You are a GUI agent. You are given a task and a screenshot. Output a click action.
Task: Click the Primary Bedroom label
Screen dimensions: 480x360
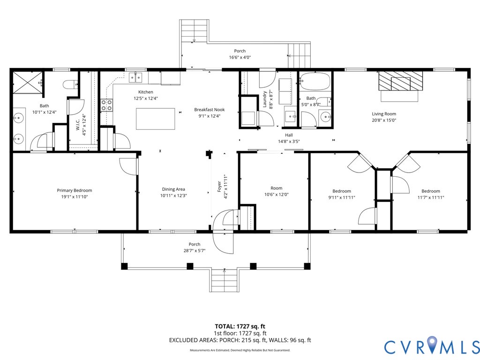75,190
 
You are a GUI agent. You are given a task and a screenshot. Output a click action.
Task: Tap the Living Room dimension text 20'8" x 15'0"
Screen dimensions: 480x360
384,120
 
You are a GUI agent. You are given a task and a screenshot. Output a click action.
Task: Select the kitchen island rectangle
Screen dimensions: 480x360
156,119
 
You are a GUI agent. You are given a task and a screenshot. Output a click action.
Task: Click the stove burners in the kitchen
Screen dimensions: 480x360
107,105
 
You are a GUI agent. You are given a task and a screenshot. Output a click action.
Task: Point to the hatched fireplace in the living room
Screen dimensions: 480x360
400,81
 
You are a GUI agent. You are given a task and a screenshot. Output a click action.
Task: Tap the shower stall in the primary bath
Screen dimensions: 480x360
27,83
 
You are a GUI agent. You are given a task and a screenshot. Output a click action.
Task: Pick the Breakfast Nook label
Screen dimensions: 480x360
210,110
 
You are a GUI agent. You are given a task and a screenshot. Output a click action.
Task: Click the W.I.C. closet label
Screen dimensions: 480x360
78,125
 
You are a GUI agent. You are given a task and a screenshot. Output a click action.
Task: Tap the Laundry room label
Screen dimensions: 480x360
265,99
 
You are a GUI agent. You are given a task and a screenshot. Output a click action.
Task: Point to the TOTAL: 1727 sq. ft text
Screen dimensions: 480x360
240,326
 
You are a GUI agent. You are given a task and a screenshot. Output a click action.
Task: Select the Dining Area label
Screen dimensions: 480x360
173,189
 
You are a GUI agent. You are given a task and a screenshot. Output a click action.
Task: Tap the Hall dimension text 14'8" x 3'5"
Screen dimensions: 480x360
289,142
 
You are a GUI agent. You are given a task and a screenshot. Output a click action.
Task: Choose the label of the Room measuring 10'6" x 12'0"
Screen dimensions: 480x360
277,188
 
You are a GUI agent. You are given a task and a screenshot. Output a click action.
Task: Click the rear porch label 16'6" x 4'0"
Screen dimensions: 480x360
240,57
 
